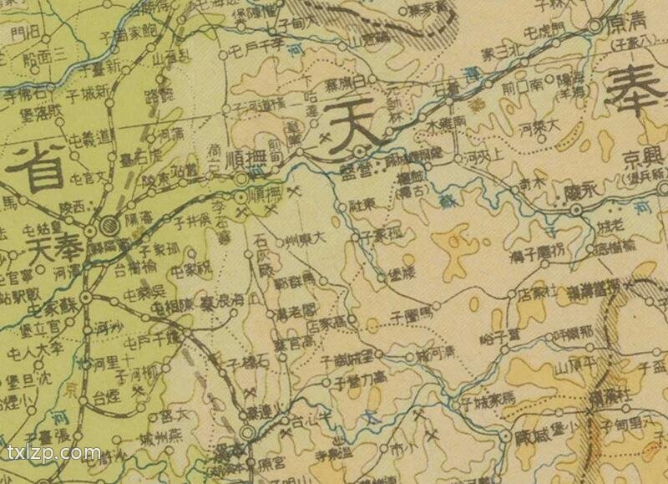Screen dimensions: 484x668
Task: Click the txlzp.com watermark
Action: [53, 455]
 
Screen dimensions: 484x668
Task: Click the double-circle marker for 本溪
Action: [248, 434]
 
